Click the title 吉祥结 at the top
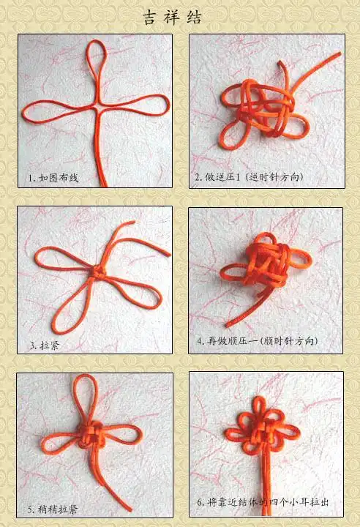[x=173, y=18]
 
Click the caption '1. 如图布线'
[x=53, y=177]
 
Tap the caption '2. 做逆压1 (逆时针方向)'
[x=249, y=176]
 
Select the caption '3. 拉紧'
[x=45, y=345]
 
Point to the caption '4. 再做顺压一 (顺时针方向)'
[x=258, y=341]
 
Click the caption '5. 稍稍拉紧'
[x=53, y=509]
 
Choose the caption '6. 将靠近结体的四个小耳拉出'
[x=263, y=502]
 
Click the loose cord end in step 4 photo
[x=228, y=325]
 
